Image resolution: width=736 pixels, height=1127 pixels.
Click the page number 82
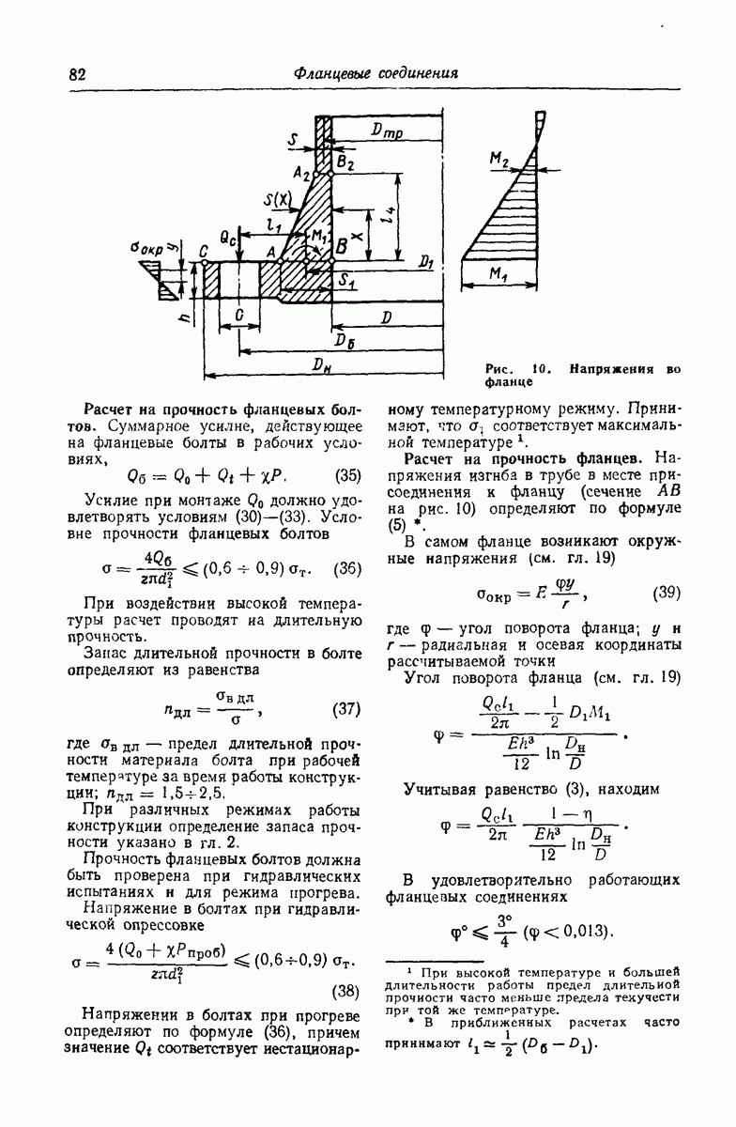tap(78, 74)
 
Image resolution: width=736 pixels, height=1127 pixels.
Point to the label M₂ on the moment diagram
tap(498, 162)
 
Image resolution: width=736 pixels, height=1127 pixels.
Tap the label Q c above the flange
tap(228, 239)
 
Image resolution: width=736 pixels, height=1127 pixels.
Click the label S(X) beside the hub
tap(279, 199)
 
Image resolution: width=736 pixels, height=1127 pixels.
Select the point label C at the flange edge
tap(203, 251)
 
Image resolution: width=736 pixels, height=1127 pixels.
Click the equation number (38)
tap(347, 991)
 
